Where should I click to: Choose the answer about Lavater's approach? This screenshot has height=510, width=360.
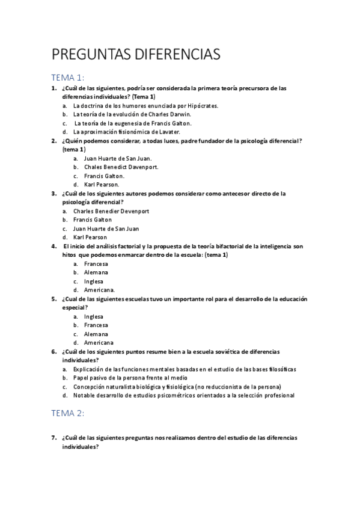pyautogui.click(x=126, y=131)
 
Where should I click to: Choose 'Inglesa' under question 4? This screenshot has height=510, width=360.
pyautogui.click(x=94, y=281)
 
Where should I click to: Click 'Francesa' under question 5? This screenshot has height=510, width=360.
pyautogui.click(x=96, y=325)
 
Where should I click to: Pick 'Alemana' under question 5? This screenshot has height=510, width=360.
pyautogui.click(x=96, y=334)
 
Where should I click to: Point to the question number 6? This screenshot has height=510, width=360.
pyautogui.click(x=54, y=351)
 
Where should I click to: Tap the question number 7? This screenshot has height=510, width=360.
pyautogui.click(x=54, y=438)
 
